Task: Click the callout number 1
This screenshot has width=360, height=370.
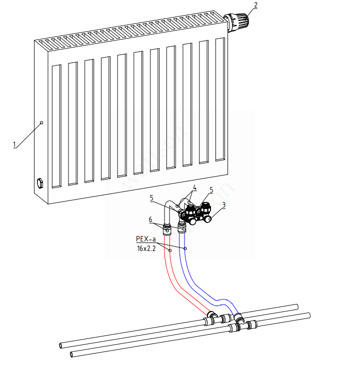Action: (15, 144)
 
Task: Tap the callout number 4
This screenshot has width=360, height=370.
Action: (194, 187)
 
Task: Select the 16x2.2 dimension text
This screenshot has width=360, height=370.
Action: (146, 248)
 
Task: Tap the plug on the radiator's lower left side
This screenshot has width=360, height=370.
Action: (39, 182)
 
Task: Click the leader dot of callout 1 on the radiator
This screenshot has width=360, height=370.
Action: (41, 122)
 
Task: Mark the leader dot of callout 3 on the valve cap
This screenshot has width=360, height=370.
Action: (208, 218)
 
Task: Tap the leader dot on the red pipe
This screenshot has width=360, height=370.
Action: (170, 250)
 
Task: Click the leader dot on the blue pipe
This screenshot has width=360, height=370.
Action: (185, 248)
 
